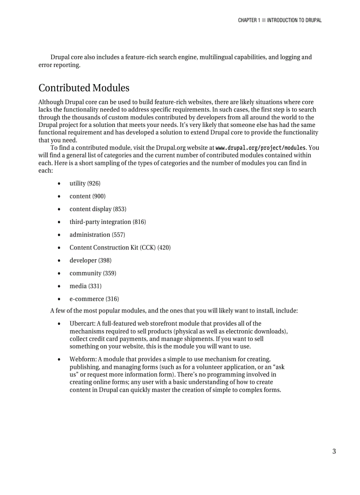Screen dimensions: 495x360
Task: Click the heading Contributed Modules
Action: click(84, 88)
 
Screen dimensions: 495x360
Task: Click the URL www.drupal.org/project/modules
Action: click(260, 148)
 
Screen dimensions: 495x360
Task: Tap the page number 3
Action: click(334, 451)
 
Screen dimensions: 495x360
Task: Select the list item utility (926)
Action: click(85, 183)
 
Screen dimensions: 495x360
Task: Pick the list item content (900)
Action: click(87, 196)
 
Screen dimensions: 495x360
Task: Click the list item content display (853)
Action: click(97, 209)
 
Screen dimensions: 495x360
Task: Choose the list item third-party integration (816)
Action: click(108, 222)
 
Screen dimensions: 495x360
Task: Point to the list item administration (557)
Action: click(97, 234)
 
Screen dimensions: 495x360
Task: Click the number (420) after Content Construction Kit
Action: click(164, 247)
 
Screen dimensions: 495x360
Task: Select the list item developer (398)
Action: click(90, 261)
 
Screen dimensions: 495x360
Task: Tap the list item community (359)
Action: click(93, 273)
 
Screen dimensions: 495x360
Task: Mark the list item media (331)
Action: click(85, 286)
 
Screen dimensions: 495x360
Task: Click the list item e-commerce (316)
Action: click(94, 299)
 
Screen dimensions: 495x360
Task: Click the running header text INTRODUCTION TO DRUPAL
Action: click(294, 20)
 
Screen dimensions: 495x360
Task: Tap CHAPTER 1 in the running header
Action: click(249, 20)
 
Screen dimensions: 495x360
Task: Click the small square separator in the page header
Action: click(263, 20)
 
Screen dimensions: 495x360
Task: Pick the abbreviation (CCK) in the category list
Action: click(148, 247)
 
